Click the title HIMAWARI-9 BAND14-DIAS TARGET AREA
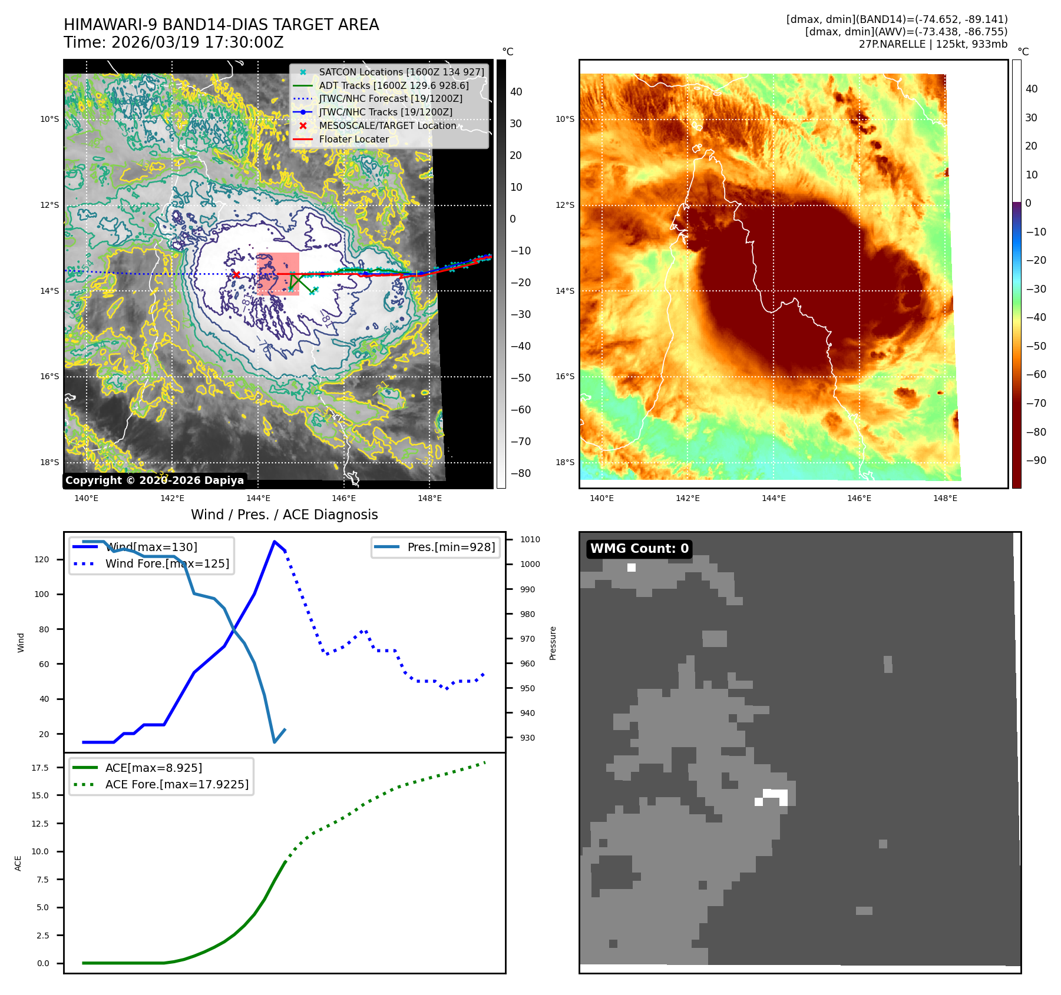221,25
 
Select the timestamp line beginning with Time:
174,42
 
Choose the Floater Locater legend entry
353,140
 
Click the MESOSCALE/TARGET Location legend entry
387,126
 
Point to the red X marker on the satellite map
236,274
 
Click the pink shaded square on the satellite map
277,274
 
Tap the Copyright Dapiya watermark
154,480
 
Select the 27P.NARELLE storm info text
933,44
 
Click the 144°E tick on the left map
258,498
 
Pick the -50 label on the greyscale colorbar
520,378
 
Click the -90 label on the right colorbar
1036,460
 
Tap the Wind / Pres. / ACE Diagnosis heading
284,515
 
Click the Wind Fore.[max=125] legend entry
167,563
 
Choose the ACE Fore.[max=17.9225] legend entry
177,784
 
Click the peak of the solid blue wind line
275,541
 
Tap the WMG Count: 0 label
639,549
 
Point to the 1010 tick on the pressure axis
530,539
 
